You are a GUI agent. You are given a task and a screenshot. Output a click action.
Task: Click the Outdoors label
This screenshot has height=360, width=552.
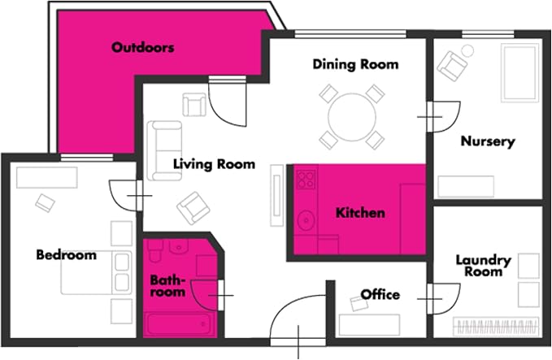click(142, 47)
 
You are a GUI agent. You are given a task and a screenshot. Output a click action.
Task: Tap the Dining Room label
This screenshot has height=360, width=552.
click(355, 64)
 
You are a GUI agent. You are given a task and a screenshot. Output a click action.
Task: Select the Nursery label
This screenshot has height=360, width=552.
click(488, 141)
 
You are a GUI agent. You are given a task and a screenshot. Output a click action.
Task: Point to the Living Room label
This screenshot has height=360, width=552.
click(214, 164)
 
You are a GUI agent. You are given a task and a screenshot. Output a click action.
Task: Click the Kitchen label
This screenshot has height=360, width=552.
click(360, 213)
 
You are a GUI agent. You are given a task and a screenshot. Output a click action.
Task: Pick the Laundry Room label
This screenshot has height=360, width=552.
click(484, 266)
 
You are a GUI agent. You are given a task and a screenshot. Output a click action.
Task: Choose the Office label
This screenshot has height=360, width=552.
click(380, 294)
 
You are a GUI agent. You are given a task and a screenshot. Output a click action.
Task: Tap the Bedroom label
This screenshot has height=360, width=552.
click(66, 254)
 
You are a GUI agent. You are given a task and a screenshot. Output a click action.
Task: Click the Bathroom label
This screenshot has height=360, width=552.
click(167, 286)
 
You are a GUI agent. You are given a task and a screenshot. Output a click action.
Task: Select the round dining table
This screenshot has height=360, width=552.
click(352, 117)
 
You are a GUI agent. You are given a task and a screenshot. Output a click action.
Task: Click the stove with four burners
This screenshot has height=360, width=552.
click(306, 180)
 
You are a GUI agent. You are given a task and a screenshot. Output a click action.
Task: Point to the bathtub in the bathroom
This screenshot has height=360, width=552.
click(180, 324)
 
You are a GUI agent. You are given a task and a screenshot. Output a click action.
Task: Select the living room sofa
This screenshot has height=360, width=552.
click(164, 150)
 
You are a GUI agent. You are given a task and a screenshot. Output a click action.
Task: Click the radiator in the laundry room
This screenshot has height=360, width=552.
click(496, 326)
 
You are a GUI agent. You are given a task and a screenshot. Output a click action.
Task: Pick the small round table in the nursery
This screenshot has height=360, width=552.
click(467, 50)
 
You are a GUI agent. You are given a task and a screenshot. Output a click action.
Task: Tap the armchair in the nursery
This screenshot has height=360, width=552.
click(452, 66)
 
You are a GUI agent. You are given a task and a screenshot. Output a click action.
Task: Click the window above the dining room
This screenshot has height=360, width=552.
click(350, 34)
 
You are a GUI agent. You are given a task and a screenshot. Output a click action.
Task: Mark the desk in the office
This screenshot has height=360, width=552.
click(369, 325)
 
